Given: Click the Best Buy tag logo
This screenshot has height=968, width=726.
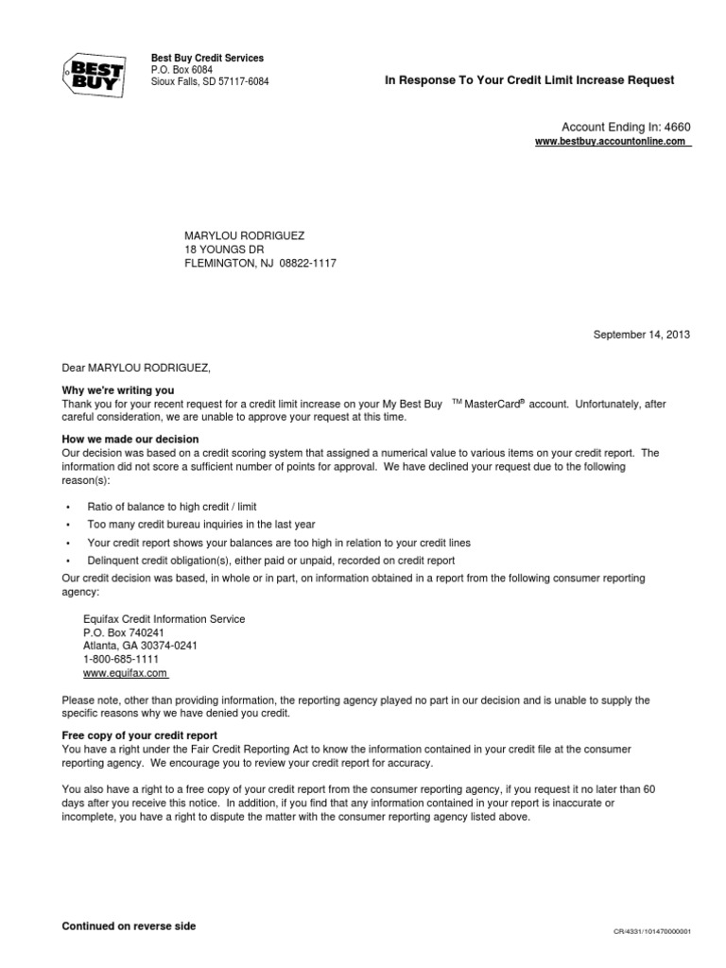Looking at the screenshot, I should [x=92, y=71].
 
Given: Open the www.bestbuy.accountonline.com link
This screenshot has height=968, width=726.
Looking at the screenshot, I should [x=613, y=141].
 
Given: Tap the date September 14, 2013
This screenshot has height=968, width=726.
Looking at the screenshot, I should [x=642, y=335].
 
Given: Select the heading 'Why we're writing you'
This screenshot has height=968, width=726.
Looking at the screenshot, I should [x=118, y=390].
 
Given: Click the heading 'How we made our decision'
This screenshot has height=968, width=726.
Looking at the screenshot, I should [x=130, y=439].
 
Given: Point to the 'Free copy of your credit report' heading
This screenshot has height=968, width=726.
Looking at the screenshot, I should [x=140, y=735].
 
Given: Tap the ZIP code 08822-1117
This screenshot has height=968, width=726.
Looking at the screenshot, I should [x=307, y=264].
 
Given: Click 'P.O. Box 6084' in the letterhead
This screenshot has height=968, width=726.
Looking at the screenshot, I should [x=182, y=70].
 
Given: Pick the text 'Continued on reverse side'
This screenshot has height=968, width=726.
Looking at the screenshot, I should [x=129, y=926].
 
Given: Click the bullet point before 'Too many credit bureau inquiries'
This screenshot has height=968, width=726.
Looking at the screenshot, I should [x=68, y=525].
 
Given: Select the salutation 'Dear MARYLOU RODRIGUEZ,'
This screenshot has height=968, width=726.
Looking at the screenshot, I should [x=132, y=367].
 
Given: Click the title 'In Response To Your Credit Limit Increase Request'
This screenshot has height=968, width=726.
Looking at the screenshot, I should [x=529, y=80].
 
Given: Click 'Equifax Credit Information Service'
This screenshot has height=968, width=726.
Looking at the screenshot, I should [x=164, y=619].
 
